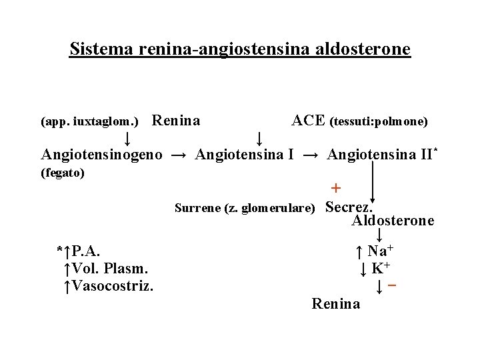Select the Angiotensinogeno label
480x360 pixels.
tap(101, 155)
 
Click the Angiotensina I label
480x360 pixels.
tap(245, 155)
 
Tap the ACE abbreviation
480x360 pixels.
tap(308, 121)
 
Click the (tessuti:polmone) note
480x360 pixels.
tap(379, 122)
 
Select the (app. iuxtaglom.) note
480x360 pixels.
tap(89, 122)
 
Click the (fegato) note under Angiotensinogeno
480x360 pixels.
tap(63, 173)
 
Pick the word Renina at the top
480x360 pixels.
tap(177, 121)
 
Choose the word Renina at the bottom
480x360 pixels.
tap(336, 304)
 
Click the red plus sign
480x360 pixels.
tap(336, 188)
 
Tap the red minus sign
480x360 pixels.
tap(393, 285)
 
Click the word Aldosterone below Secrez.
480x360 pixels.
tap(393, 221)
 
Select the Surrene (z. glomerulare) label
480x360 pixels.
tap(245, 208)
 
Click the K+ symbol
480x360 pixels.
tap(381, 269)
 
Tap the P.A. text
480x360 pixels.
tap(87, 251)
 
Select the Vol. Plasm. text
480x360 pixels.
tap(109, 269)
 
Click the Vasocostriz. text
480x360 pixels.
tap(113, 286)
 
